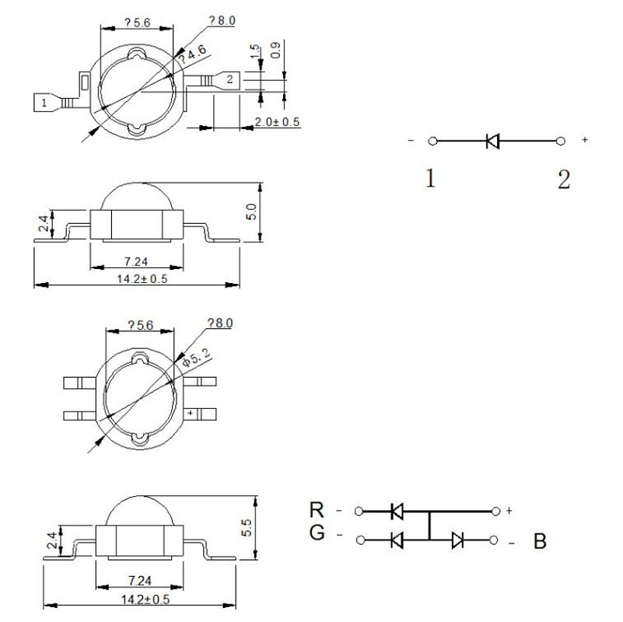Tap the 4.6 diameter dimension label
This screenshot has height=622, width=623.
(193, 54)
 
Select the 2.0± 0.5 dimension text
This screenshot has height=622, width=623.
(277, 121)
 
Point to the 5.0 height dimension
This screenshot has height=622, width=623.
(251, 211)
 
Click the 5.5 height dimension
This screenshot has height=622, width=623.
(247, 527)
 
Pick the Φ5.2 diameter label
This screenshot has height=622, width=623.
(196, 358)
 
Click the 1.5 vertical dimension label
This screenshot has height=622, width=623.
(254, 51)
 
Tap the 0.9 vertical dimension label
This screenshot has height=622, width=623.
(275, 50)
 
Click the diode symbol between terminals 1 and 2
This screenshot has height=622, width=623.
(492, 141)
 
